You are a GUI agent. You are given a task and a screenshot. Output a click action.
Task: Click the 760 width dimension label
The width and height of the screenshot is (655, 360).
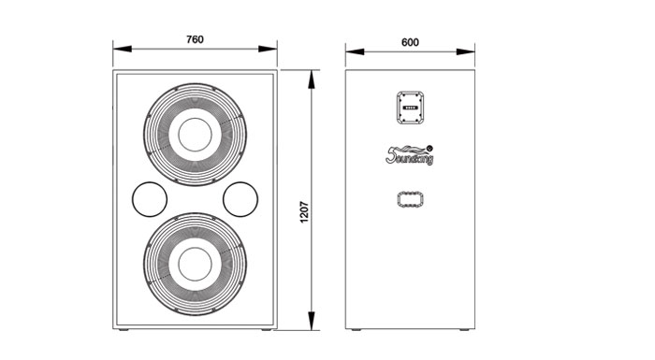point(195,39)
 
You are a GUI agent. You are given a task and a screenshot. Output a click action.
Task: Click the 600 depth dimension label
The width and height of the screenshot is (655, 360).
point(410,43)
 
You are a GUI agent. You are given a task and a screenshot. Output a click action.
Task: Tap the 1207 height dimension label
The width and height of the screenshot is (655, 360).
point(304,212)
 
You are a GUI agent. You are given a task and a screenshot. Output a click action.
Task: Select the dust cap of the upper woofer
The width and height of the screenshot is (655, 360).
point(195,135)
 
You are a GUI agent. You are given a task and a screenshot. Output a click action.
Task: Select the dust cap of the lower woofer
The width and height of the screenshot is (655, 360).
point(195,265)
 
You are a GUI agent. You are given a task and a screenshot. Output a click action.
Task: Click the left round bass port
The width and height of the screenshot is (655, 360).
point(150,199)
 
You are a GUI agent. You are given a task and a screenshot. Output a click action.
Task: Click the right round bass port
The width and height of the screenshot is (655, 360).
point(240,199)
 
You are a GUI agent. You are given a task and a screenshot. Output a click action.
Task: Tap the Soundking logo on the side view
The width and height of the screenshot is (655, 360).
point(410,155)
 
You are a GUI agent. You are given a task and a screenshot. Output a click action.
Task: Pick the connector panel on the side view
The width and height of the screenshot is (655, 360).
point(410,108)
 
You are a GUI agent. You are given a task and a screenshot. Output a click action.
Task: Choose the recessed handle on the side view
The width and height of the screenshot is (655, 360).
point(410,199)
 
